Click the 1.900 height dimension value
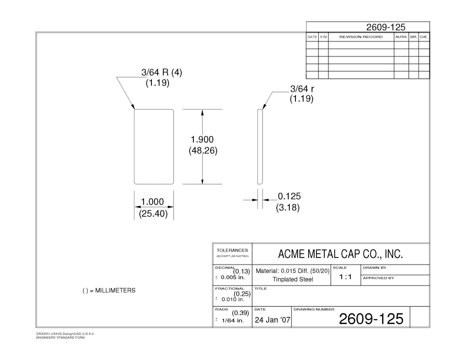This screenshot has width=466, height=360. (x=202, y=139)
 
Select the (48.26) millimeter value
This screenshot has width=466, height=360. (x=203, y=151)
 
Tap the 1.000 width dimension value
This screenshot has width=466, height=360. (x=152, y=202)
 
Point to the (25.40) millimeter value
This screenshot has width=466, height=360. (x=153, y=214)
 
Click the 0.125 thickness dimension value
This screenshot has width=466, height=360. (x=289, y=196)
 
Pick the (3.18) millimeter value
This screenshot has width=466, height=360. (x=288, y=207)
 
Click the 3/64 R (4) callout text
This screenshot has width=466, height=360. (x=162, y=73)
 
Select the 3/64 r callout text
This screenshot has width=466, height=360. (x=302, y=89)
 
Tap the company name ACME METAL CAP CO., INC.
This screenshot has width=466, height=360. (x=341, y=254)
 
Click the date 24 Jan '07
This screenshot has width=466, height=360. (x=272, y=320)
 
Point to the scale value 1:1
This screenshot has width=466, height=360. (x=345, y=277)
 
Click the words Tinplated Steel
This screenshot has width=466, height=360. (x=293, y=279)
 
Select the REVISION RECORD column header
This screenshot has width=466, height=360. (x=361, y=37)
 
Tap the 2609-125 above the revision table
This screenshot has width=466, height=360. (x=386, y=27)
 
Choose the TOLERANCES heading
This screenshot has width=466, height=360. (x=232, y=250)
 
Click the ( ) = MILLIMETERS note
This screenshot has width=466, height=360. (x=109, y=290)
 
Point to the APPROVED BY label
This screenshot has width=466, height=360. (x=379, y=278)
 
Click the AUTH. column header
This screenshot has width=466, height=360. (x=401, y=37)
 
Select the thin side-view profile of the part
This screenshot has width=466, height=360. (x=260, y=147)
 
